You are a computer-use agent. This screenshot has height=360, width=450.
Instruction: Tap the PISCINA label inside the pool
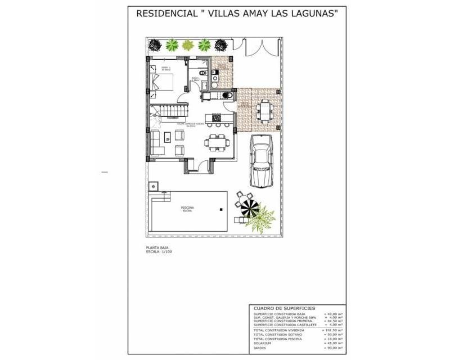[x=187, y=208]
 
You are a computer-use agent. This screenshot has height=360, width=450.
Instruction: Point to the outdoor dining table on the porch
[x=264, y=107]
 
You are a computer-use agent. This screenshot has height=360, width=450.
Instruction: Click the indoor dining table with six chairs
[x=215, y=142]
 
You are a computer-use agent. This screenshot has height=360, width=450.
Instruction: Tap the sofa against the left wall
[x=155, y=142]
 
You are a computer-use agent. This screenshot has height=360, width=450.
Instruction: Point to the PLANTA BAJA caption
[x=157, y=247]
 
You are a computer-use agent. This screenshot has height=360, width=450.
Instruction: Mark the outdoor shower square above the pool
[x=154, y=186]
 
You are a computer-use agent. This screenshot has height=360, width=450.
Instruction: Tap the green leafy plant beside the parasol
[x=260, y=220]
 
